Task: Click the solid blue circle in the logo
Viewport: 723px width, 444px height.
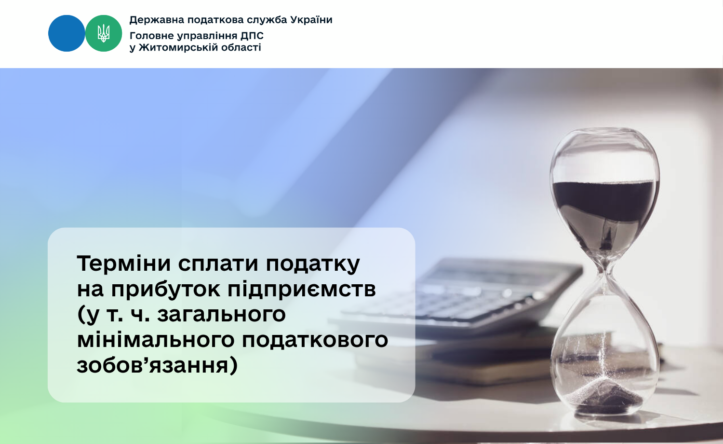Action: point(67,33)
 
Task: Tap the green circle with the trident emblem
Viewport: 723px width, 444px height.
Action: point(104,33)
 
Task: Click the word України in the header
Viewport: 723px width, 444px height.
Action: point(311,20)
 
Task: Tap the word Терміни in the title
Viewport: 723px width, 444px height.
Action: point(123,264)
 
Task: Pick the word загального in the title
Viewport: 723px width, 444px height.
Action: point(221,315)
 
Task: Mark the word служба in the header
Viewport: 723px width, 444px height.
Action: point(267,20)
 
